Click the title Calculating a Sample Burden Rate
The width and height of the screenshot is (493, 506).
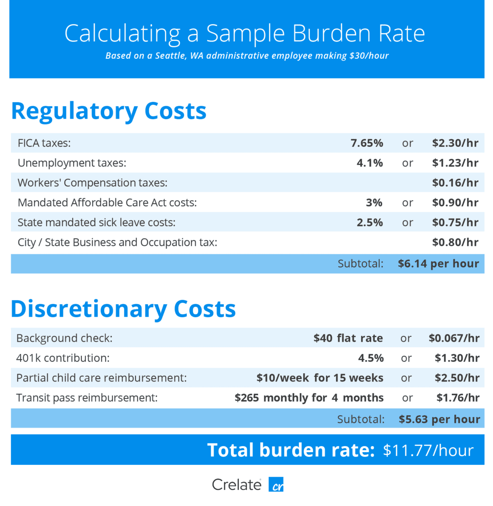245,33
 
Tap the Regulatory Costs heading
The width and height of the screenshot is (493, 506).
109,111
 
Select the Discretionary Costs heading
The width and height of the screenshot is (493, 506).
123,309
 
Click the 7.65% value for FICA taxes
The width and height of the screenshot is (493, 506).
367,143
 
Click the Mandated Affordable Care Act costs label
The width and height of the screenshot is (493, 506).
107,203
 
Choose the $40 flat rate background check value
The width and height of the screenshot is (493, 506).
348,338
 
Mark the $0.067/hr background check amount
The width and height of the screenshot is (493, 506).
454,338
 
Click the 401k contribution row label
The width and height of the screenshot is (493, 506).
63,358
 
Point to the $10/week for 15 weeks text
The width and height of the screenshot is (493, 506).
320,378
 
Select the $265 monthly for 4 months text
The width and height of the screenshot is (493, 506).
309,398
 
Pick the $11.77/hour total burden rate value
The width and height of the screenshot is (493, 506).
428,450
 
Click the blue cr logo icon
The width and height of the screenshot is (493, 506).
276,485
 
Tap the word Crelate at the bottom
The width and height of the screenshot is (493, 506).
236,485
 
